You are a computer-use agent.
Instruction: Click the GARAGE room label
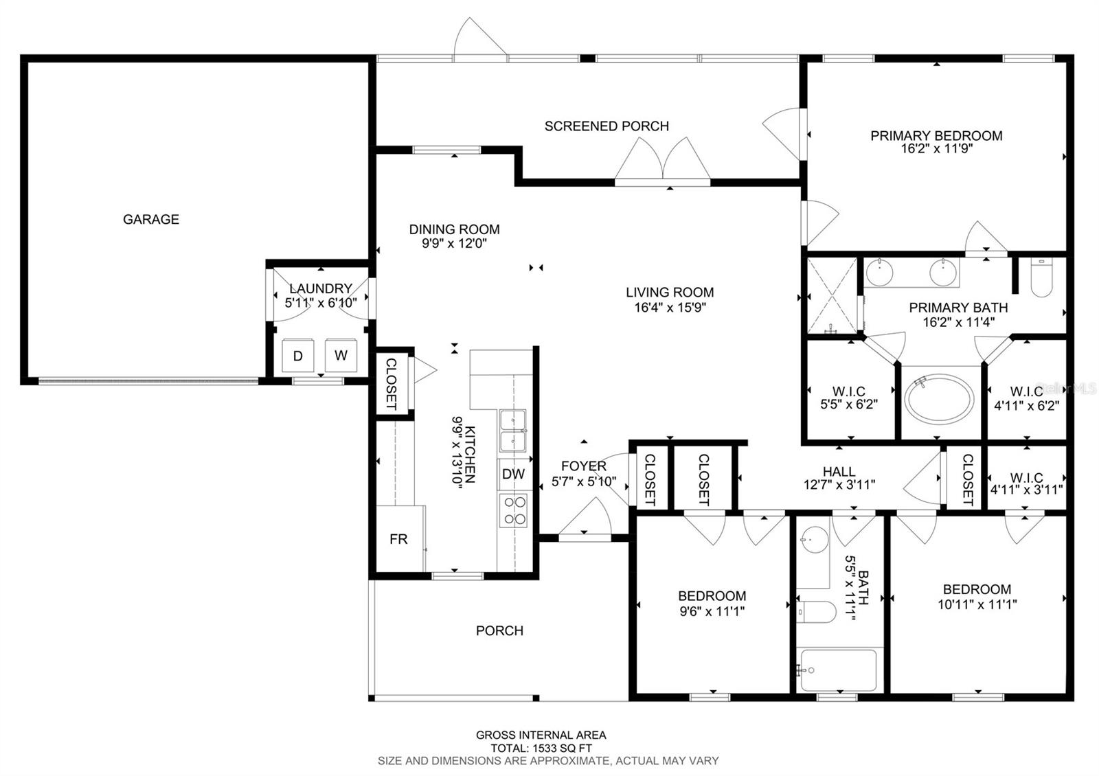pyautogui.click(x=150, y=219)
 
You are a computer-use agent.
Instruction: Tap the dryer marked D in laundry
pyautogui.click(x=298, y=356)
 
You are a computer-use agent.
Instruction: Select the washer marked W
pyautogui.click(x=341, y=355)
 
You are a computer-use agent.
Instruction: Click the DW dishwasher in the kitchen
pyautogui.click(x=514, y=474)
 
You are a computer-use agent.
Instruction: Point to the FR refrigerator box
pyautogui.click(x=398, y=539)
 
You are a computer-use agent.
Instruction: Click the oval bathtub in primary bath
pyautogui.click(x=938, y=399)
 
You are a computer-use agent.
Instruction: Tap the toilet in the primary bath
pyautogui.click(x=1041, y=277)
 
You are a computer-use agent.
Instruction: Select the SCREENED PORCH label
pyautogui.click(x=607, y=126)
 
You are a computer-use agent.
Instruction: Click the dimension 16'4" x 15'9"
pyautogui.click(x=670, y=308)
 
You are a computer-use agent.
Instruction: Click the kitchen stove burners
pyautogui.click(x=514, y=511)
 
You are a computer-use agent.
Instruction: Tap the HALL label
pyautogui.click(x=839, y=471)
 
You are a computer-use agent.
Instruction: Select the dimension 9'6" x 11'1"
pyautogui.click(x=712, y=611)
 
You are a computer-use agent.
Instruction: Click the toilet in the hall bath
pyautogui.click(x=816, y=612)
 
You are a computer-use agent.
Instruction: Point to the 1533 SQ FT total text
pyautogui.click(x=560, y=749)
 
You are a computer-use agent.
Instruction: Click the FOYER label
pyautogui.click(x=584, y=466)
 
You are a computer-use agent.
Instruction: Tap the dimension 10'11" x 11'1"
pyautogui.click(x=977, y=604)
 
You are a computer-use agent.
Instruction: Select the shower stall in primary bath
pyautogui.click(x=832, y=295)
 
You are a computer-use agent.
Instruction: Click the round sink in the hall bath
pyautogui.click(x=814, y=540)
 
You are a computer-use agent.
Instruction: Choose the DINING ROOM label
pyautogui.click(x=454, y=229)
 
